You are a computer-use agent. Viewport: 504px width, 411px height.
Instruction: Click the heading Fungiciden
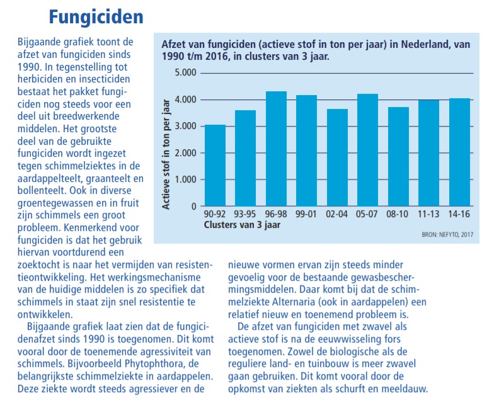tap(96, 17)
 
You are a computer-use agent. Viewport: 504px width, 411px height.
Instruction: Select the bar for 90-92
tap(215, 166)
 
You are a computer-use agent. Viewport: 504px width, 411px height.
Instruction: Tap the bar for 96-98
tap(276, 149)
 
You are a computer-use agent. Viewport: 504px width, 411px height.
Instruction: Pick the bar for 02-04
tap(337, 157)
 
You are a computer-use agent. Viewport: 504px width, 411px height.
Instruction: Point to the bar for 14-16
tap(460, 152)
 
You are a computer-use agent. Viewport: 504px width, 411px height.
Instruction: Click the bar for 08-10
tap(399, 156)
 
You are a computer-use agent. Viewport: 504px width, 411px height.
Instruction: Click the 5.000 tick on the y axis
tap(185, 72)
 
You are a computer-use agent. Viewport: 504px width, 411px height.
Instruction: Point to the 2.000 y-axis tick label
tap(185, 153)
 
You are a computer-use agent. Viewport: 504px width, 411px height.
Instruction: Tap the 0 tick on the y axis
tap(193, 206)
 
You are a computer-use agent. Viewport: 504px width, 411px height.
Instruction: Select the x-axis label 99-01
tap(306, 214)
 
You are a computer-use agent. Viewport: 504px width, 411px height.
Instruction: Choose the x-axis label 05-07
tap(367, 214)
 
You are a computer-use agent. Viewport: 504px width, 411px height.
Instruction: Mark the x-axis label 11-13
tap(428, 214)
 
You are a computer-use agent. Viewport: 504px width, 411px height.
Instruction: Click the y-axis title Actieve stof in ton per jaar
tap(166, 154)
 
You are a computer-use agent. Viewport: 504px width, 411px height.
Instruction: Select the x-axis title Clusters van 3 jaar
tap(242, 225)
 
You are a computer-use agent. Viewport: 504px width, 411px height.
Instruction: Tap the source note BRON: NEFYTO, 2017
tap(447, 235)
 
